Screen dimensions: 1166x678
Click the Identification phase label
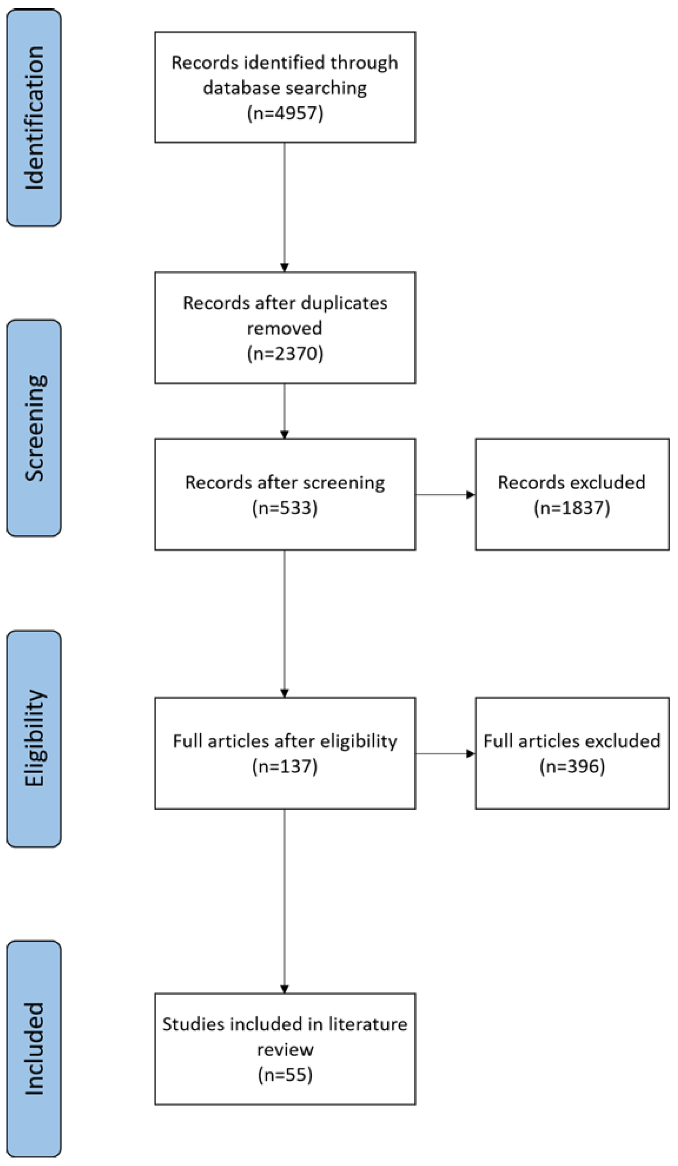click(x=34, y=118)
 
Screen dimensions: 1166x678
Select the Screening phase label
click(x=34, y=428)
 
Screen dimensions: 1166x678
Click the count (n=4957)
click(x=285, y=112)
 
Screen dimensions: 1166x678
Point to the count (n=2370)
click(x=285, y=353)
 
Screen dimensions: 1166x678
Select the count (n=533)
click(x=285, y=507)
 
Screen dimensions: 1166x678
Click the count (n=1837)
click(x=572, y=507)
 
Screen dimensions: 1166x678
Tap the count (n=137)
click(x=285, y=766)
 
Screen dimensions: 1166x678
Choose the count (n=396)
click(x=572, y=766)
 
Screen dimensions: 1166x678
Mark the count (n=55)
click(x=285, y=1074)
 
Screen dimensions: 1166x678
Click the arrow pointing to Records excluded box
click(x=445, y=495)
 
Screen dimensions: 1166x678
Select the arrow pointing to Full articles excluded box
click(x=445, y=754)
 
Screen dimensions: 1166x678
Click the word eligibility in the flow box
click(x=359, y=741)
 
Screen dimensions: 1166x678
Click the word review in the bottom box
click(x=285, y=1049)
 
